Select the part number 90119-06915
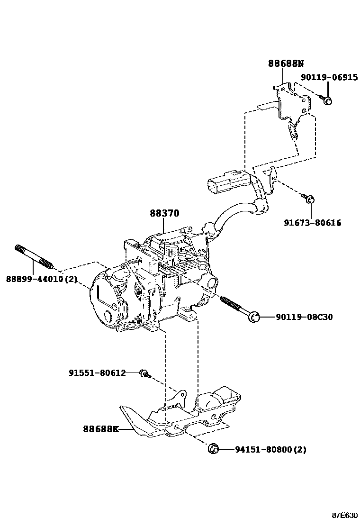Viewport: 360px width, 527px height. click(330, 77)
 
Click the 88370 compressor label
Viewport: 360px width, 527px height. click(164, 213)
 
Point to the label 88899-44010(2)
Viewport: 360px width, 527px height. click(41, 279)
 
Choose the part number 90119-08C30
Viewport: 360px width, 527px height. click(304, 317)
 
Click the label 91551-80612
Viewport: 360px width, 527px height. click(97, 373)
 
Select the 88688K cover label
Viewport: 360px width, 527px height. click(100, 429)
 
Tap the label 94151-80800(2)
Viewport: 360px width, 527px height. click(270, 449)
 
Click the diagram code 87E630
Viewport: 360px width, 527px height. click(344, 515)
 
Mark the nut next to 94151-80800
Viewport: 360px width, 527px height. click(213, 448)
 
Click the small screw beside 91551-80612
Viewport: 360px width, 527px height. click(144, 374)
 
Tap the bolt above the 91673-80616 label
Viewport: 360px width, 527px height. click(310, 201)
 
